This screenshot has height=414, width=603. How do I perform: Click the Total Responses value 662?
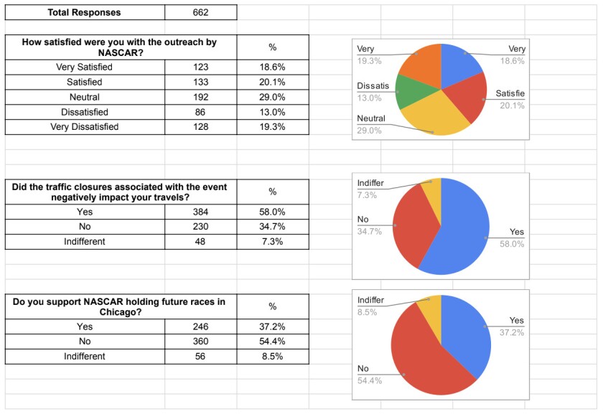[x=200, y=12]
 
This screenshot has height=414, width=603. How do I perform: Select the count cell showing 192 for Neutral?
[x=200, y=97]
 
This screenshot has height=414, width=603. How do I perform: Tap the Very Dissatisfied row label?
[x=84, y=127]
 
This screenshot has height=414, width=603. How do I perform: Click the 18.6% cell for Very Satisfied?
[x=272, y=67]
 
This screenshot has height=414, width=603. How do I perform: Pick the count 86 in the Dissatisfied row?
[x=200, y=112]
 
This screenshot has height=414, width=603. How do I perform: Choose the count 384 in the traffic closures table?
[x=200, y=212]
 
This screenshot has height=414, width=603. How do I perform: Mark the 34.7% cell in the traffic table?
[x=272, y=227]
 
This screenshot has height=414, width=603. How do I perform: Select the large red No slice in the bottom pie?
[x=424, y=359]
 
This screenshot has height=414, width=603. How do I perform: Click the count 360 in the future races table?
[x=200, y=342]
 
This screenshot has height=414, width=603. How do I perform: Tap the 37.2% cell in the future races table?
[x=272, y=326]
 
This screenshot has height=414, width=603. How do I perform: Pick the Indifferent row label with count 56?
[x=84, y=357]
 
